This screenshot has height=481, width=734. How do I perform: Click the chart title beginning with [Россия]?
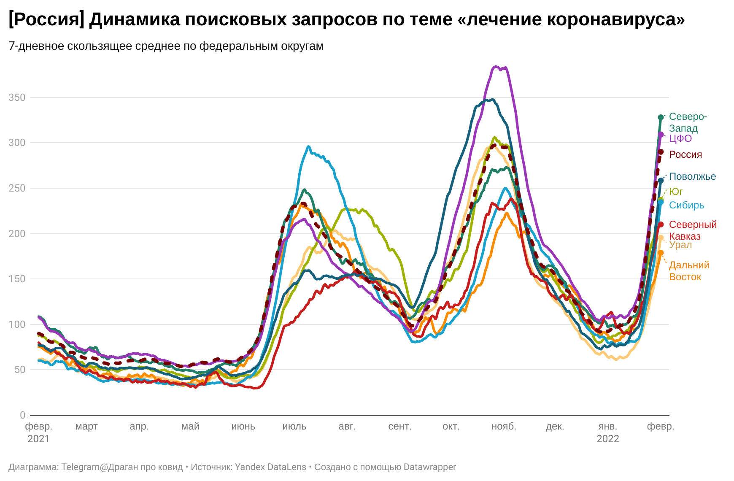(x=346, y=19)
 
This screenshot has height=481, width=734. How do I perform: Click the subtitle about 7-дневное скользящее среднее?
(x=166, y=46)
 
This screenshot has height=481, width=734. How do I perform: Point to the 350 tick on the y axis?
(x=17, y=97)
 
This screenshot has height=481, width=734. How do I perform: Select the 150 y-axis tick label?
(x=17, y=279)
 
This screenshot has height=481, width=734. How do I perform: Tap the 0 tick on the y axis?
(x=22, y=415)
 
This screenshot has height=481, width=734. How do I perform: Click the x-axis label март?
(x=86, y=426)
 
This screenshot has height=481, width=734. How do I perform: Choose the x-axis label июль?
(x=294, y=426)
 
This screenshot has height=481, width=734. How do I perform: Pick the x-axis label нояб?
(x=504, y=426)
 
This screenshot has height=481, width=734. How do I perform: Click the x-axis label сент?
(x=399, y=426)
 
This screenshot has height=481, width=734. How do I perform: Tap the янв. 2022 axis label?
(x=607, y=432)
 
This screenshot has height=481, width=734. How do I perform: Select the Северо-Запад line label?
(x=688, y=122)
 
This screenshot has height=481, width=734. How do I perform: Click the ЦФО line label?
(x=680, y=138)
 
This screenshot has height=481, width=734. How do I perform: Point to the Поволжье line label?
(x=692, y=176)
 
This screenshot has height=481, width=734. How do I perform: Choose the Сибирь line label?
(x=686, y=205)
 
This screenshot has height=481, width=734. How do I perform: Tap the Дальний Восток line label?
(x=689, y=271)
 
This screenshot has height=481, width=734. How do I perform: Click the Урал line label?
(x=680, y=245)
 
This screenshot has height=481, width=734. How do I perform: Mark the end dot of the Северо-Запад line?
(x=661, y=117)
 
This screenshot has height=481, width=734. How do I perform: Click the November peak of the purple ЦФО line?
(x=497, y=67)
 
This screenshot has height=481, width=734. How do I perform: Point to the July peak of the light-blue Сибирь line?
(x=308, y=147)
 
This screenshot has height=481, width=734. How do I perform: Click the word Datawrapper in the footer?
(x=429, y=467)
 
